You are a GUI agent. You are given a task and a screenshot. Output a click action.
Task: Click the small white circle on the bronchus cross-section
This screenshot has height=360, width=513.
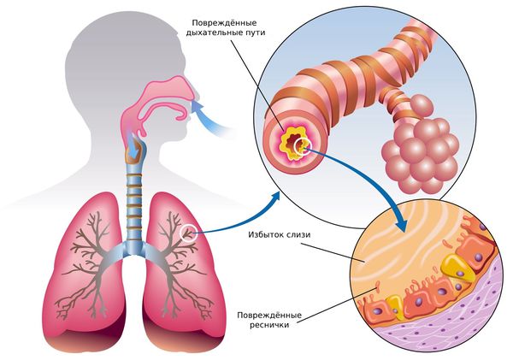[x=302, y=149]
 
